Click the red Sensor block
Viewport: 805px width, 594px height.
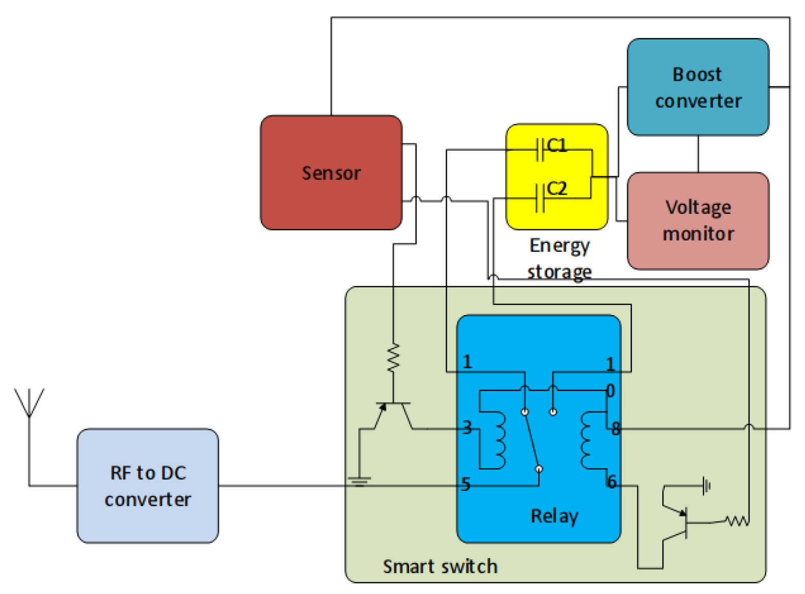(x=331, y=172)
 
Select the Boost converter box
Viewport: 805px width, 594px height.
(x=697, y=87)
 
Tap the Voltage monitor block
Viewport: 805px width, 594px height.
(x=697, y=221)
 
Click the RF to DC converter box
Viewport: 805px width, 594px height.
(x=148, y=485)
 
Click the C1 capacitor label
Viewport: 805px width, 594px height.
(x=557, y=146)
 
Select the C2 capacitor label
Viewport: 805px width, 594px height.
(x=557, y=189)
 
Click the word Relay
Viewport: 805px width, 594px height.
(x=554, y=516)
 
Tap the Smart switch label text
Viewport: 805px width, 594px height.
(x=440, y=566)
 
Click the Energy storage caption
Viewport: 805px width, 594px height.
(x=559, y=259)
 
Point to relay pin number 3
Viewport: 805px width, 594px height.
(x=467, y=428)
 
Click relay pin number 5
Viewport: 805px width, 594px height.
(x=465, y=484)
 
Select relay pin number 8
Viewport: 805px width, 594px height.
(x=615, y=429)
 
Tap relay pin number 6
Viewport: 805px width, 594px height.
(x=612, y=482)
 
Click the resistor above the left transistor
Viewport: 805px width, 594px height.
(x=393, y=358)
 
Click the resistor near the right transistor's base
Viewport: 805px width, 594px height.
(x=736, y=520)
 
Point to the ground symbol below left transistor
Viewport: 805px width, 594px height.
(x=359, y=481)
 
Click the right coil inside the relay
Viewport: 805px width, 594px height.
(x=588, y=440)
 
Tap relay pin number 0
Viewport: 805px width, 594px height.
(x=611, y=391)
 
